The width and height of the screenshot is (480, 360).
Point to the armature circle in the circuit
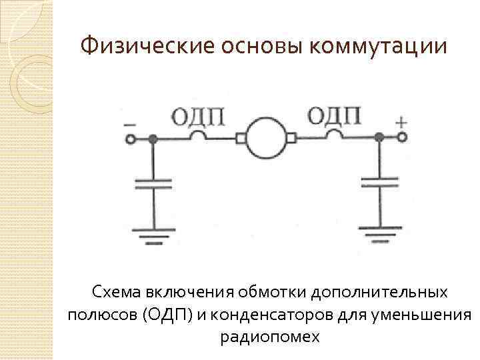click(265, 138)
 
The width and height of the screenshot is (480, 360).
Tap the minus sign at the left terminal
click(130, 124)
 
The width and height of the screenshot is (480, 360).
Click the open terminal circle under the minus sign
click(131, 139)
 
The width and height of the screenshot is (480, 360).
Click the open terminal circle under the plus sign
click(402, 137)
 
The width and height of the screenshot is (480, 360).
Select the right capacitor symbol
click(379, 183)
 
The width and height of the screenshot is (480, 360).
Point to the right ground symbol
click(379, 234)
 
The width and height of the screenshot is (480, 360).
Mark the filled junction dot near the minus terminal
click(153, 139)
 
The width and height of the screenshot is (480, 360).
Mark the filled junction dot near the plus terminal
click(379, 137)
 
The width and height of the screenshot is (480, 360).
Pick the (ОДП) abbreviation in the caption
click(167, 315)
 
